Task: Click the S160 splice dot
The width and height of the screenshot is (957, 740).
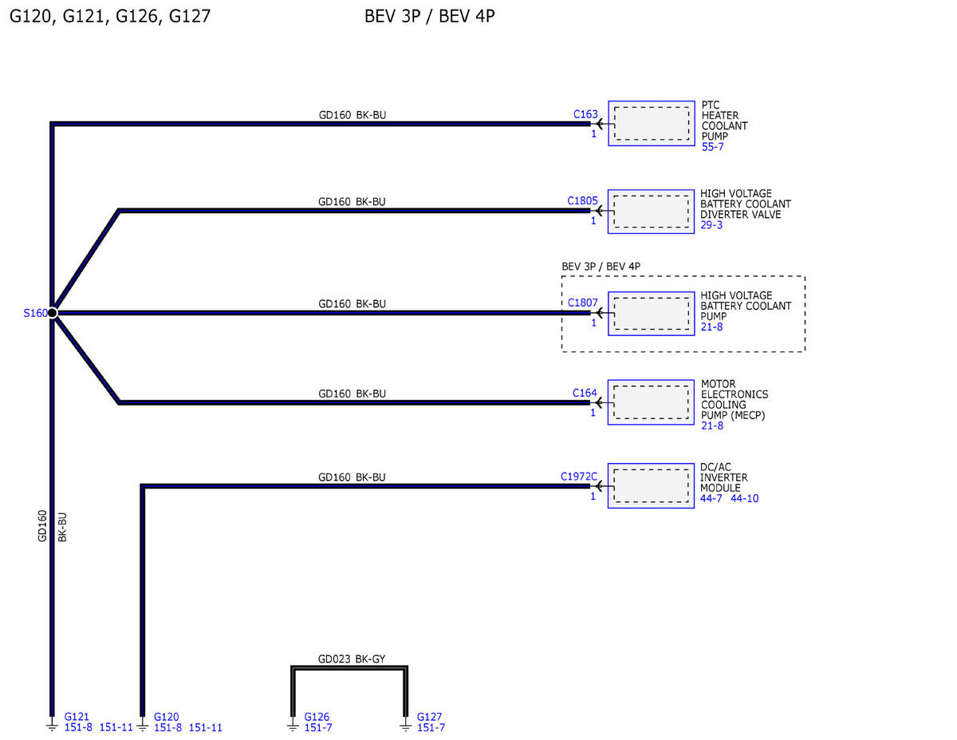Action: (52, 313)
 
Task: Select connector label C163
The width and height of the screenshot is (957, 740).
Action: (585, 114)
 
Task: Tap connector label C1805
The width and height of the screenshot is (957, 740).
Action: (582, 201)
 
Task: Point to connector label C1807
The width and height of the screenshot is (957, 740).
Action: (583, 303)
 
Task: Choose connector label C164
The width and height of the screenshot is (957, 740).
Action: (585, 393)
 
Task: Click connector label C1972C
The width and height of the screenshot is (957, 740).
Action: (579, 477)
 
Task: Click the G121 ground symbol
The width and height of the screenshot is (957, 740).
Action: (52, 726)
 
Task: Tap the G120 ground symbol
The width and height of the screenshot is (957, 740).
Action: (142, 726)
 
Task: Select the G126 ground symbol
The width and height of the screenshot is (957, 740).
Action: (293, 726)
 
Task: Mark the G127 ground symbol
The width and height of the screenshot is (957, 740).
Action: (406, 726)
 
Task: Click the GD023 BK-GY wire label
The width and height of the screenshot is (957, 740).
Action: (352, 659)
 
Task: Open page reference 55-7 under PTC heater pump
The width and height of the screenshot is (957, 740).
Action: (712, 147)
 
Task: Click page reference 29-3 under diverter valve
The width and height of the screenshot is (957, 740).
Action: (711, 225)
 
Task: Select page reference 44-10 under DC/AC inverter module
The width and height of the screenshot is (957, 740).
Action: (744, 498)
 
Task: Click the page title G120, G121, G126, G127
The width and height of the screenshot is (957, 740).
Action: (110, 16)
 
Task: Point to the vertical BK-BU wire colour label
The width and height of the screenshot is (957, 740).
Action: (62, 527)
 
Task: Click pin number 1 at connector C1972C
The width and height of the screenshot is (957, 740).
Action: (593, 497)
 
